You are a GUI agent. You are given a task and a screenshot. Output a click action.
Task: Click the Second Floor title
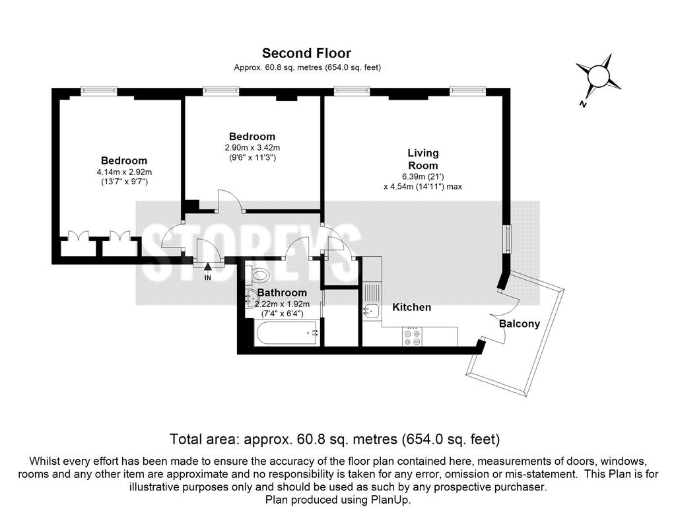point(306,53)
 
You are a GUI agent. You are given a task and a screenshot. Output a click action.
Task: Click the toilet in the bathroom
point(257,274)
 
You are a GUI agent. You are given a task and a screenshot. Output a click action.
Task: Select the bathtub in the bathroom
point(287,333)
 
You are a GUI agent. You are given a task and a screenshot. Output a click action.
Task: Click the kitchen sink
point(371,310)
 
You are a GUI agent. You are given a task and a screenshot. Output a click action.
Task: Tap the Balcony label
point(520,323)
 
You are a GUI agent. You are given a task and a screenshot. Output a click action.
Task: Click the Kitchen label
point(412,307)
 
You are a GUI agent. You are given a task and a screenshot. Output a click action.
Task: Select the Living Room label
point(423,159)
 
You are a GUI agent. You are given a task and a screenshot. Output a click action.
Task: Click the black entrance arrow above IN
point(208,267)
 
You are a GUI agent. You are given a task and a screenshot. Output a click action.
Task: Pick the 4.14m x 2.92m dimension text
point(124,172)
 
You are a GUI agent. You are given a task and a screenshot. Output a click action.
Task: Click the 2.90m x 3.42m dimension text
point(252,147)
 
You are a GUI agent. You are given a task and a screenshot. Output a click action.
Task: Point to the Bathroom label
point(282,292)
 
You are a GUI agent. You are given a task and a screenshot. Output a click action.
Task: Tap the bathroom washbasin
point(250,297)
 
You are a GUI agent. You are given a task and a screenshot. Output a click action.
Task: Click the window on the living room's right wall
point(509,239)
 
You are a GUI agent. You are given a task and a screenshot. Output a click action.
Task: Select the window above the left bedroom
point(99,90)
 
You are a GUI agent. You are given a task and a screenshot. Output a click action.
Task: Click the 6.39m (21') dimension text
point(423,176)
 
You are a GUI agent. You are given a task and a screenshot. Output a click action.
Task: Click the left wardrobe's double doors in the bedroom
point(78,236)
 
